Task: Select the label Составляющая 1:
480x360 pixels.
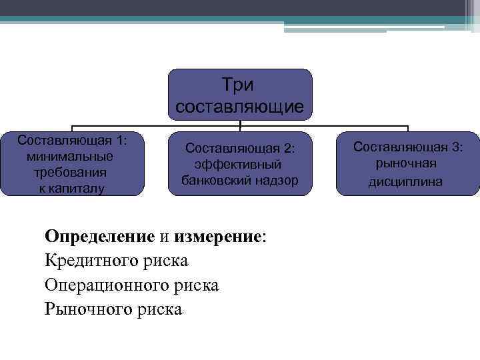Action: tap(72, 141)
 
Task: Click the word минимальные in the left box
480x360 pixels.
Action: tap(69, 157)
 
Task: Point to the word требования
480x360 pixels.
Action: tap(69, 172)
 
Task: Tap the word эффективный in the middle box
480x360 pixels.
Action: tap(238, 164)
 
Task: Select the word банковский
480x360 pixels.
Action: tap(215, 180)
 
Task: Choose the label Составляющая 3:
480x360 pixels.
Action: tap(407, 147)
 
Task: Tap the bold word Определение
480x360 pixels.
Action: tap(100, 237)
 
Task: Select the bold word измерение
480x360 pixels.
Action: tap(218, 237)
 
